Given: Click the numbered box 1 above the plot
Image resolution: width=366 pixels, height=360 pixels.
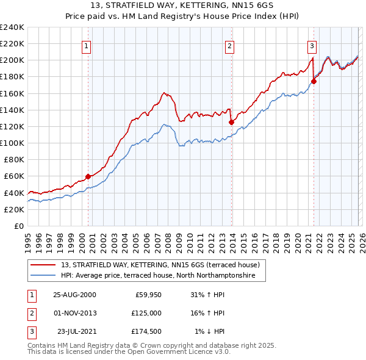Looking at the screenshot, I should coord(87,45).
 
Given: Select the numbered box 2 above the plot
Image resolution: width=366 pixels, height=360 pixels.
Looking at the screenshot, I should coord(230,45).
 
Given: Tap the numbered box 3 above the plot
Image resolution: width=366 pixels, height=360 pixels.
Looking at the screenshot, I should coord(312,45).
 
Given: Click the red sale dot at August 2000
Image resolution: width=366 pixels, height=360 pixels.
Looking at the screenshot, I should coord(88,176).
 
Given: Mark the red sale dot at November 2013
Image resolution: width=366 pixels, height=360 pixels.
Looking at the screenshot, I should coord(231,122).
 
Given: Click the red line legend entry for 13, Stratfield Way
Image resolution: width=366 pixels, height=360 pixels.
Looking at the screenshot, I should coord(160,265).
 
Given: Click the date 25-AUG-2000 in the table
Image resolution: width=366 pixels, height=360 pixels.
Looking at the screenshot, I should coord(74,295).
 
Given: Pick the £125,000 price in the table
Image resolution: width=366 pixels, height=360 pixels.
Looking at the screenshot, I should coord(147,313).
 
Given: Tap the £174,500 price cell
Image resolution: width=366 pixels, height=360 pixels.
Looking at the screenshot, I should coord(147,331).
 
